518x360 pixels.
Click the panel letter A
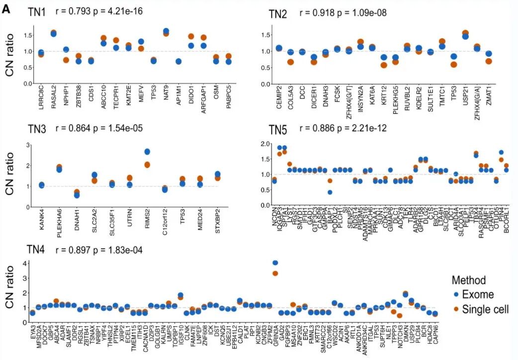(x=6, y=8)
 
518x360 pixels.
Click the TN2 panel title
(x=277, y=14)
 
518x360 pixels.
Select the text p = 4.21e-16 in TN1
(x=116, y=10)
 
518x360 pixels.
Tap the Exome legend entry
(x=475, y=294)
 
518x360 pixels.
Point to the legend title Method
(x=469, y=280)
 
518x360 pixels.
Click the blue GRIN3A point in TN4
(x=275, y=263)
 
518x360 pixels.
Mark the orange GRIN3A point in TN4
(x=275, y=273)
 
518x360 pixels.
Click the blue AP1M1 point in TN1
(x=178, y=62)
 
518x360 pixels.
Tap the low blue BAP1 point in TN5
(x=330, y=192)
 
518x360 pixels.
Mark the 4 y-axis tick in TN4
(x=22, y=263)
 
